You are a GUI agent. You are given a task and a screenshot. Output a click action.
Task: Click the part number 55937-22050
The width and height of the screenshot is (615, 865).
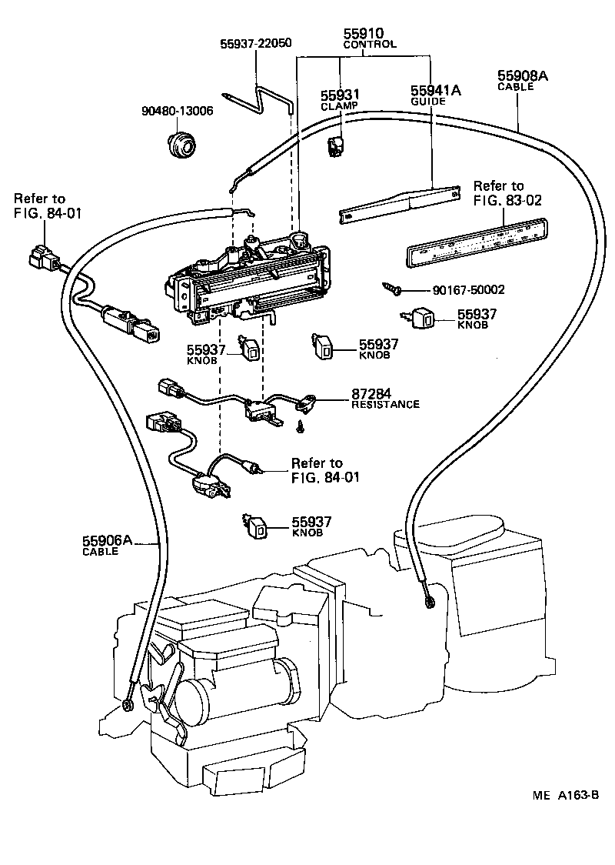(x=256, y=43)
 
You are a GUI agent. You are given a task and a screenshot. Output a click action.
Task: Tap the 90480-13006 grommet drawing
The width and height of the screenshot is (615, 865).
(x=182, y=143)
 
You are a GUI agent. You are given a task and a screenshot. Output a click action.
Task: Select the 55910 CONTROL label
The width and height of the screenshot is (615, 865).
(x=369, y=38)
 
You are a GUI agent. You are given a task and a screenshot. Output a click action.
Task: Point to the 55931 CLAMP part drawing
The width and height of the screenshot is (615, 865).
(x=336, y=143)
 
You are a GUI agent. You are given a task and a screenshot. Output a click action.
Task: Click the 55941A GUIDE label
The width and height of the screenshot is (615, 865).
(x=435, y=95)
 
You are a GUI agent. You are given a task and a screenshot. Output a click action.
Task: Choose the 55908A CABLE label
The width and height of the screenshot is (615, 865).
(x=522, y=79)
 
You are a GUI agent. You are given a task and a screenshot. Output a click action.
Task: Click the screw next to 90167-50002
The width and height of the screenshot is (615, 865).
(x=393, y=289)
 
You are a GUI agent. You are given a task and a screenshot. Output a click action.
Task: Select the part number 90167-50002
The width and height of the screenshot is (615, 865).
(x=468, y=290)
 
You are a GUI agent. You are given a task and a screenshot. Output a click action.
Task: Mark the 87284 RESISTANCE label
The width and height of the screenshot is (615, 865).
(x=385, y=399)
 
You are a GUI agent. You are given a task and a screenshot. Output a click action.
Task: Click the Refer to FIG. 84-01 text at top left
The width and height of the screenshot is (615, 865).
(x=39, y=205)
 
